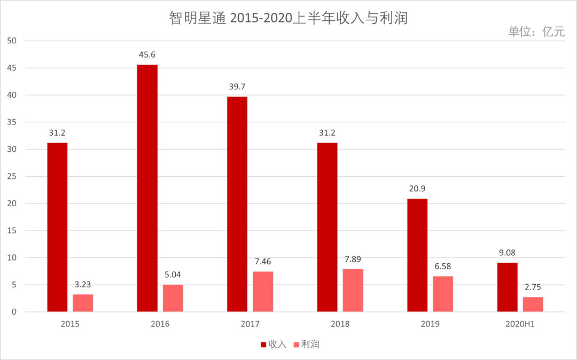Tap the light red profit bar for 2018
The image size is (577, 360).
tap(353, 290)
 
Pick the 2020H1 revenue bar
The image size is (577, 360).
tap(507, 287)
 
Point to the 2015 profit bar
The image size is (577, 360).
tap(83, 303)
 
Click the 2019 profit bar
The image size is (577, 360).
tap(443, 294)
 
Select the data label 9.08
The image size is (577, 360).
tap(507, 253)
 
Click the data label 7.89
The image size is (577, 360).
tap(353, 260)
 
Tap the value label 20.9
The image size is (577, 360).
tap(417, 189)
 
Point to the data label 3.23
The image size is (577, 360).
tap(83, 285)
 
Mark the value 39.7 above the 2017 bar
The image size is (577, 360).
tap(237, 87)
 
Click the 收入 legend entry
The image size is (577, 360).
tap(274, 345)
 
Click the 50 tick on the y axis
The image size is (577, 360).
tap(12, 41)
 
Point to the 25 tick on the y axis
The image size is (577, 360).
tap(12, 177)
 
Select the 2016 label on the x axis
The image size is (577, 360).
tap(160, 324)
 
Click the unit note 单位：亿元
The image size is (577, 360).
tap(536, 32)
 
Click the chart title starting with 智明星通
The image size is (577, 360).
tap(288, 18)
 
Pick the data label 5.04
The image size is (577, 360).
tap(173, 275)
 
